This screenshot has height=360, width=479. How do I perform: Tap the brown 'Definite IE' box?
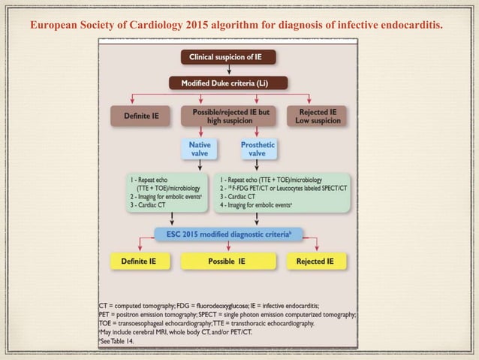(145, 116)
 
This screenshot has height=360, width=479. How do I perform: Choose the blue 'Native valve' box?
(199, 149)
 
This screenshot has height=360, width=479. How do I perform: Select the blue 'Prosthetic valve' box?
(258, 149)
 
